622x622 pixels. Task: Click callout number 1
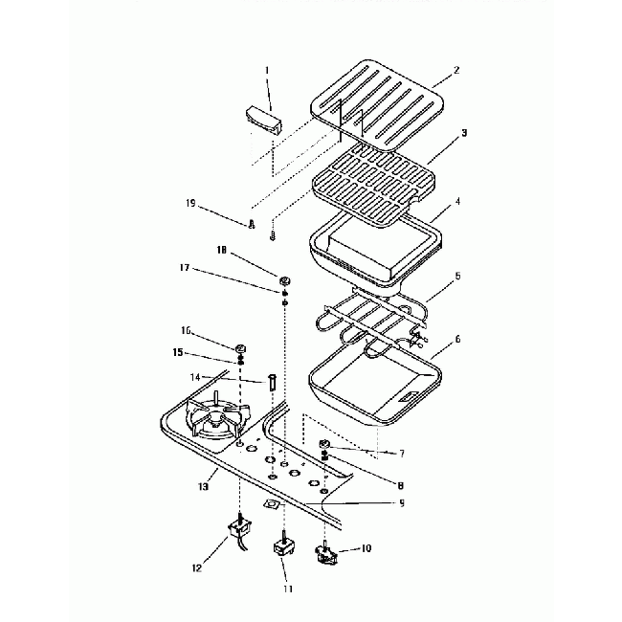pyautogui.click(x=267, y=70)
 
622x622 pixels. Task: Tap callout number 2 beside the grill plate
pyautogui.click(x=456, y=71)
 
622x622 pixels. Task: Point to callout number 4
pyautogui.click(x=458, y=202)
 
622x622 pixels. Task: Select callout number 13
pyautogui.click(x=202, y=486)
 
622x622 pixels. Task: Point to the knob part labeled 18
pyautogui.click(x=285, y=279)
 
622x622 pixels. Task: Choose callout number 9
pyautogui.click(x=401, y=502)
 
